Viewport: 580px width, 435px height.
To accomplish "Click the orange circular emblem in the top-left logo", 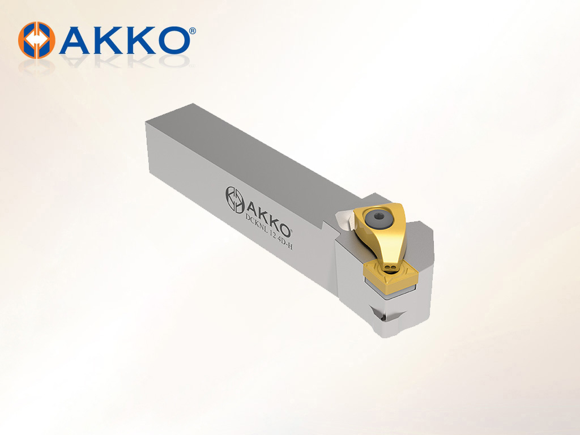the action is pyautogui.click(x=36, y=40).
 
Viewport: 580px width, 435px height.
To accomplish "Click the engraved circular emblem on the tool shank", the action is pyautogui.click(x=235, y=200).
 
